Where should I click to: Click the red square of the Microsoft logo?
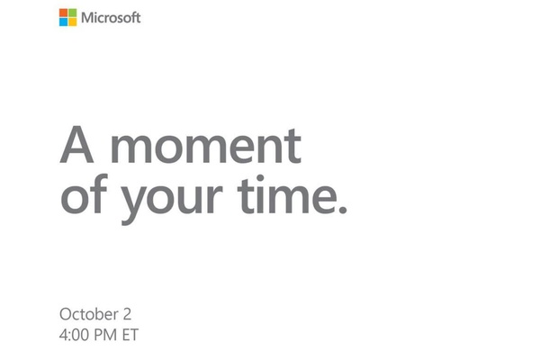coord(63,13)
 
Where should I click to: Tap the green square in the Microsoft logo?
coord(72,13)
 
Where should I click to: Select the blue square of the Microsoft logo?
coord(63,22)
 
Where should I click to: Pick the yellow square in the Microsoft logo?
coord(72,22)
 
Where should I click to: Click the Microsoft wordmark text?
coord(111,17)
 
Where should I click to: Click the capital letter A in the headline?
coord(76,144)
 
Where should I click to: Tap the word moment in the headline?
coord(206,146)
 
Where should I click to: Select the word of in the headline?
coord(85,193)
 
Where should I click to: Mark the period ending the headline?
coord(342,209)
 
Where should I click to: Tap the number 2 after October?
coord(127,314)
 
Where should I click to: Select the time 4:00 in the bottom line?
coord(75,335)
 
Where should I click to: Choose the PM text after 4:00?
coord(106,335)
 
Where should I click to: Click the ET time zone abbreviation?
coord(130,335)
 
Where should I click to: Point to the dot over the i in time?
coord(260,179)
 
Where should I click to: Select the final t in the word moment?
coord(293,146)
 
